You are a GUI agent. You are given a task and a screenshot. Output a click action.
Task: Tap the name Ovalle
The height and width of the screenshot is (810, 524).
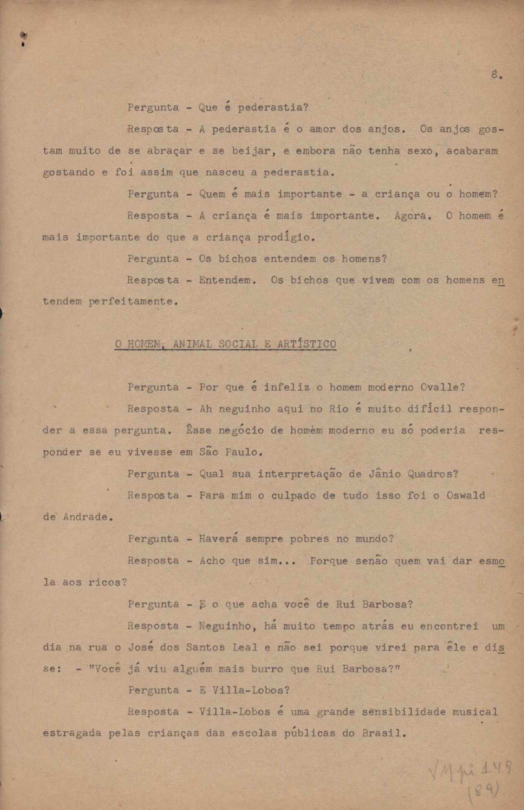coord(442,387)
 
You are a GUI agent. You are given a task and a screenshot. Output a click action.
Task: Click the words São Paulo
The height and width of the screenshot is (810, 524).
coord(230,452)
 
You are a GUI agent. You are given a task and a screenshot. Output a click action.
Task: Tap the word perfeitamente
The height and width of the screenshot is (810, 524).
coord(133,302)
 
